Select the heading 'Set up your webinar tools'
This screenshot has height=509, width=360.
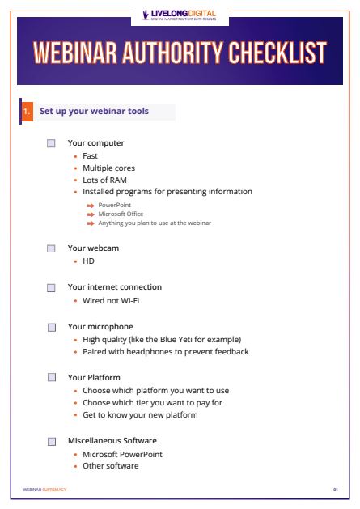point(94,111)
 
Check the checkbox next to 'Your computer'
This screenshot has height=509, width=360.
point(51,143)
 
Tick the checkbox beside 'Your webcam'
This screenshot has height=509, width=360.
point(51,248)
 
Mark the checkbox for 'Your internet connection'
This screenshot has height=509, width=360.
point(51,287)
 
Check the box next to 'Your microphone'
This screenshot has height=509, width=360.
point(51,327)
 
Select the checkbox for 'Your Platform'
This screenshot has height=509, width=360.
point(51,377)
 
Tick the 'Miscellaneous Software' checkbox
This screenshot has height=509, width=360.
point(51,441)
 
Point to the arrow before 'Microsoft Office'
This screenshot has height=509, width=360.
point(91,214)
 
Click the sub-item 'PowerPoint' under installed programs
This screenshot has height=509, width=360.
point(114,206)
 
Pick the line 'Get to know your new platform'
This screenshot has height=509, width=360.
point(140,415)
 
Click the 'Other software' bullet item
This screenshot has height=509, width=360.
point(110,466)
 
